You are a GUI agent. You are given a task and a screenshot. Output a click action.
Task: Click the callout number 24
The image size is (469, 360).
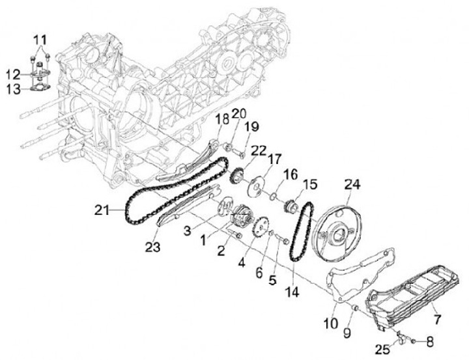coord(352,186)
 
